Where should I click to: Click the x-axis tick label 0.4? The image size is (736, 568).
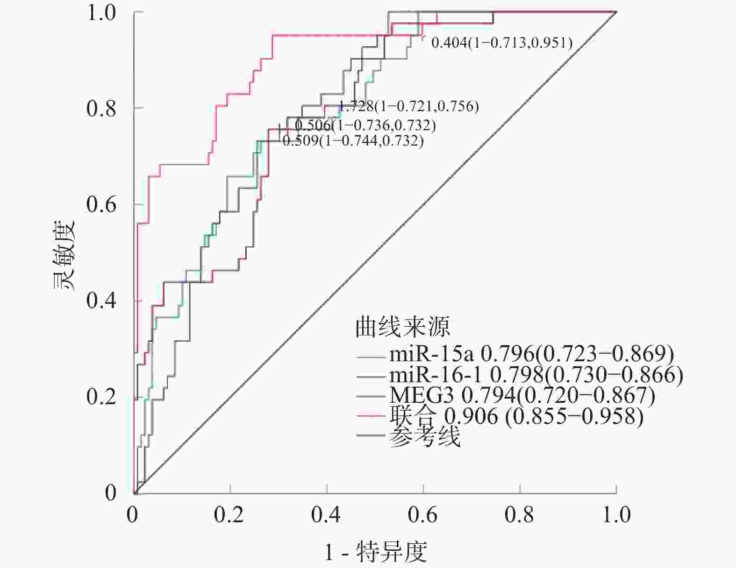coord(326,514)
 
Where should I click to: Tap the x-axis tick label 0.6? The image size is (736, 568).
coord(423,514)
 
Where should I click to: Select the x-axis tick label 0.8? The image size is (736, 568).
coord(520,514)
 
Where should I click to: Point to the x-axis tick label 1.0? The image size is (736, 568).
coord(616,514)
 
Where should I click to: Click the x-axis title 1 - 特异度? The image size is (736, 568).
coord(376,552)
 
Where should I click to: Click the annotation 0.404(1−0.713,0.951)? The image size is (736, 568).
coord(501,43)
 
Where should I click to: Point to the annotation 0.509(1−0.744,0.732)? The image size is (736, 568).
coord(353,140)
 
